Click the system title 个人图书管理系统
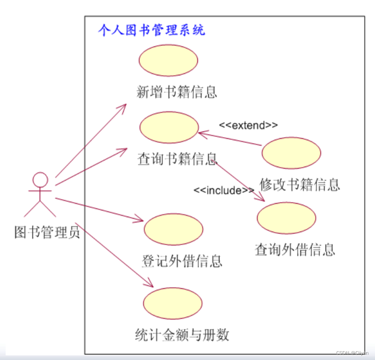pos(151,30)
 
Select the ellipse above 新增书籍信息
pos(168,61)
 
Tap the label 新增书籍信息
pos(177,92)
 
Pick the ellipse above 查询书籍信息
pos(169,127)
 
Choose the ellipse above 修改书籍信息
pos(291,153)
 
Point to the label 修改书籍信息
pos(300,185)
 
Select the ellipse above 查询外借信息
pos(286,218)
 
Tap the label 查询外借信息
pos(295,250)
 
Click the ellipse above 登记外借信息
pos(173,229)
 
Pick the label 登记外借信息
pos(182,261)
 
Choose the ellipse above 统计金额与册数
pos(173,303)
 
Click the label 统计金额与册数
pos(182,335)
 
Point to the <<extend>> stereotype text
pos(248,125)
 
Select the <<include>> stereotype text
pos(224,190)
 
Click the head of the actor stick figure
pos(40,180)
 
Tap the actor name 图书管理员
pos(47,232)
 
